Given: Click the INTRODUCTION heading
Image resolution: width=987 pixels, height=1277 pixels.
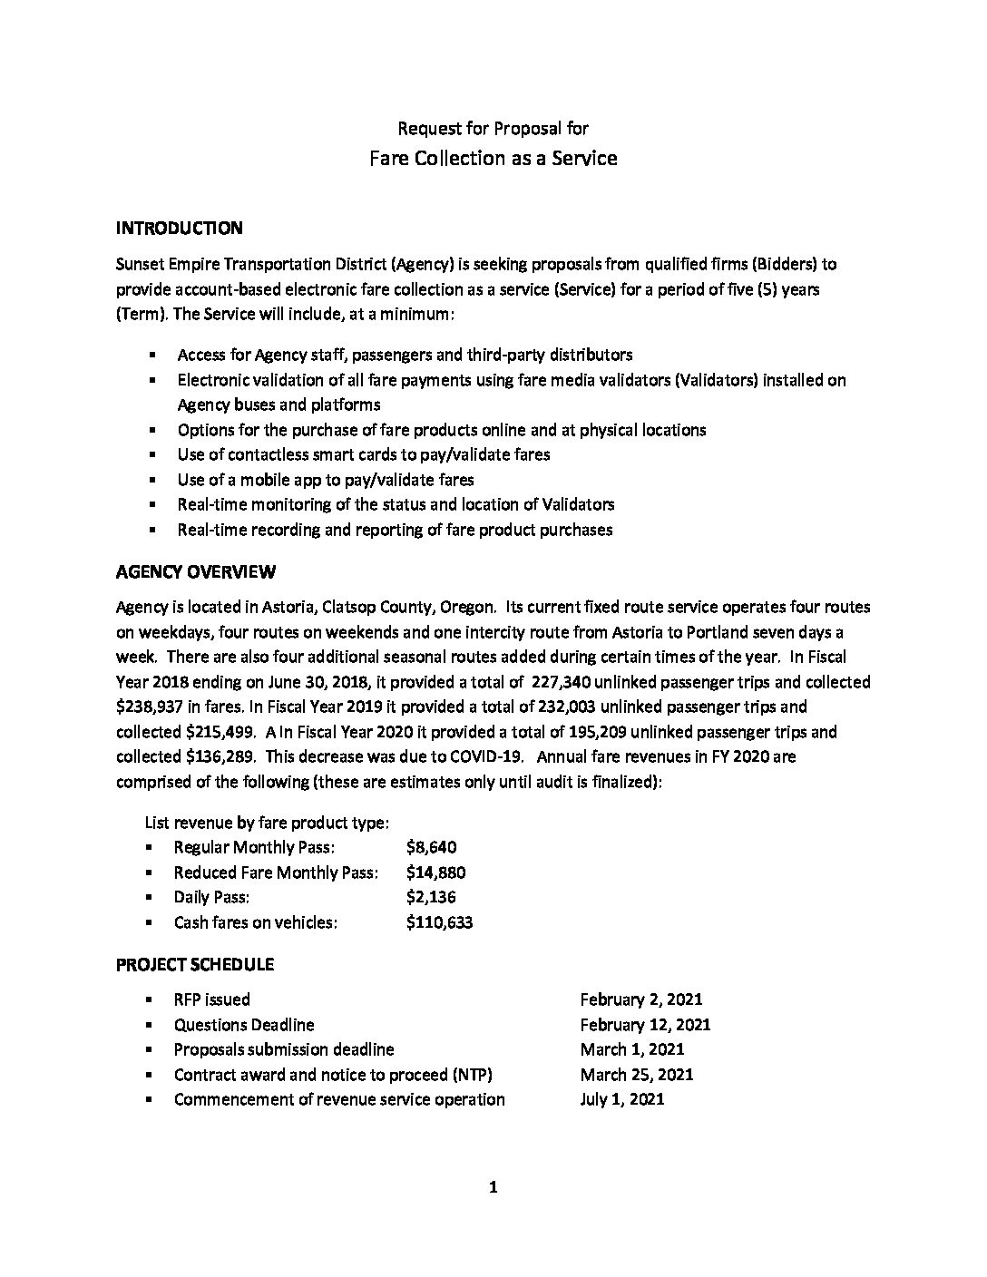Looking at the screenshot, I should [179, 228].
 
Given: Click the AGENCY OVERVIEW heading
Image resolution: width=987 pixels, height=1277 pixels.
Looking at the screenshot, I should [196, 571].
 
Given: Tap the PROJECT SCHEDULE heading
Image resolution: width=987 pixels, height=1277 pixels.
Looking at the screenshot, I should [195, 964].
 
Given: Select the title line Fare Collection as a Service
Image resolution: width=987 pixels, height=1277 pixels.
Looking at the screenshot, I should [493, 159].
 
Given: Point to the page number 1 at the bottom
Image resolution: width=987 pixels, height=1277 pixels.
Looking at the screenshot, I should [493, 1187].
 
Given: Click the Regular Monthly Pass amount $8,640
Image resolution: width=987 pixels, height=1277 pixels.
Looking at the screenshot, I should [432, 848].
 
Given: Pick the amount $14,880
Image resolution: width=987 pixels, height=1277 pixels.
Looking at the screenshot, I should [436, 872].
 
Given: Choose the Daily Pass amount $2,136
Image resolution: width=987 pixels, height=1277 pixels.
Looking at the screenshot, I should [432, 897].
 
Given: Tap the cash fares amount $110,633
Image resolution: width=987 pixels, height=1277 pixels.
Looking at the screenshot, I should [440, 922].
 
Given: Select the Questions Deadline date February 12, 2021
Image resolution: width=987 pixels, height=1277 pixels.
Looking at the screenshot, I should [645, 1025].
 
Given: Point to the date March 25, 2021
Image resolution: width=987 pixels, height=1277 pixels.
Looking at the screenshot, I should [637, 1075].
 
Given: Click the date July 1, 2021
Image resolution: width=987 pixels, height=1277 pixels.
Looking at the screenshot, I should [622, 1099].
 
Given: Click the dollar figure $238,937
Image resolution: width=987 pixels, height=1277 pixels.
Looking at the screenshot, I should [149, 707].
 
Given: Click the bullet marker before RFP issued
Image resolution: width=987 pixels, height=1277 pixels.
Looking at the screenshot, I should [149, 1000].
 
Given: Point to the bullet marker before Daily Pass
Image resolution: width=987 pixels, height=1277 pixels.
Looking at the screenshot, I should [149, 898].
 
